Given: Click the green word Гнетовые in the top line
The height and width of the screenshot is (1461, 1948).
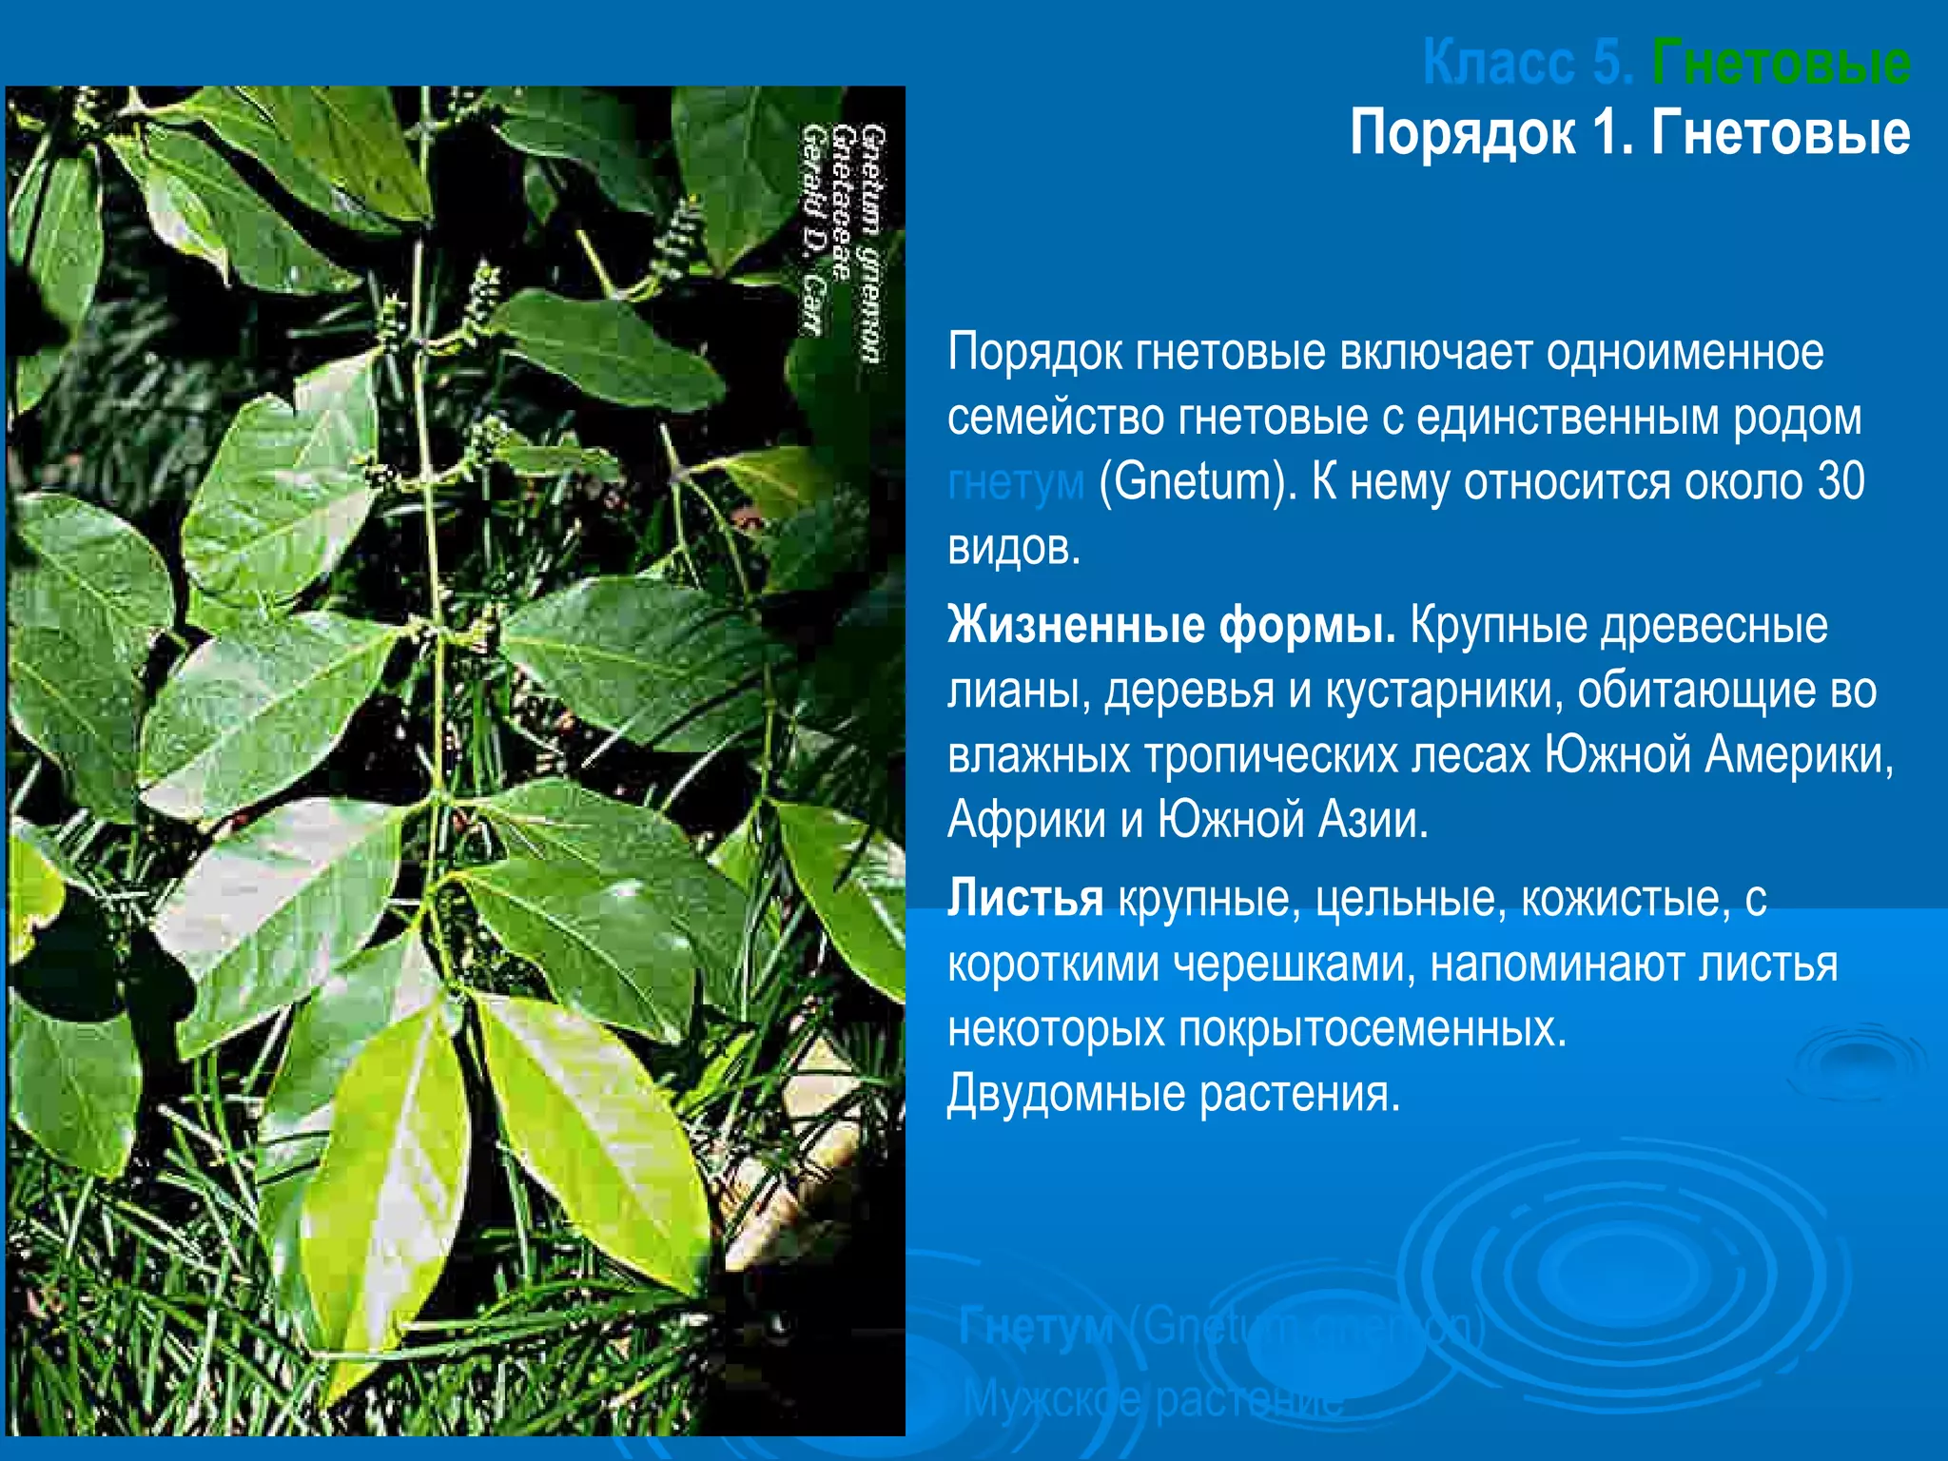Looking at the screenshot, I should [x=1781, y=63].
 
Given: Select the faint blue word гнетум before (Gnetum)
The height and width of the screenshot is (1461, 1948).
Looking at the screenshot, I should [x=1015, y=482].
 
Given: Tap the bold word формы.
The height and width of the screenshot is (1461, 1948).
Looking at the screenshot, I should [x=1308, y=626].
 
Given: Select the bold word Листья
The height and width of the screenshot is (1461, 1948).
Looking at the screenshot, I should [x=1024, y=898].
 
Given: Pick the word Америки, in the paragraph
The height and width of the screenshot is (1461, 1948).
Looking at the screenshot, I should [x=1799, y=756].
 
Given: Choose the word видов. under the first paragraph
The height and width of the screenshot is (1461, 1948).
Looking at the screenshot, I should [x=1014, y=548].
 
